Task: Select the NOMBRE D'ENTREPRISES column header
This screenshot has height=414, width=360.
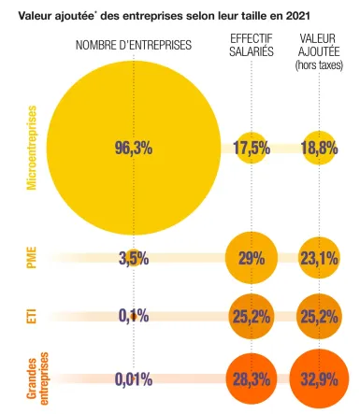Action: click(133, 46)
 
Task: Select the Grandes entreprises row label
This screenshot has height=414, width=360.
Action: click(38, 378)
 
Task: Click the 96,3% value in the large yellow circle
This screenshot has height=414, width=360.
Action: click(133, 147)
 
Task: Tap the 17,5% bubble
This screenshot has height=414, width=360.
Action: click(252, 147)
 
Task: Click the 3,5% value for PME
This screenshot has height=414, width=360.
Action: click(134, 258)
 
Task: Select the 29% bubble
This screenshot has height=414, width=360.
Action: click(252, 258)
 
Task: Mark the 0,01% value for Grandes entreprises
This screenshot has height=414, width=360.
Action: click(134, 378)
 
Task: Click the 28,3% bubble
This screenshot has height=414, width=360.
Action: click(252, 378)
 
